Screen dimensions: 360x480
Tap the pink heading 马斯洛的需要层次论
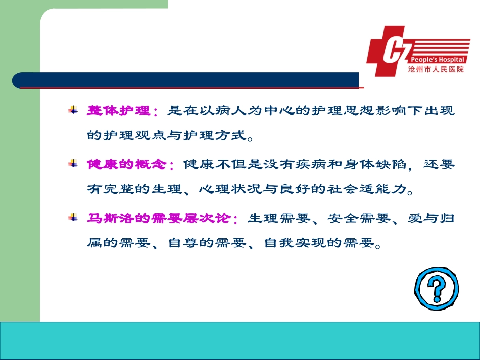coord(159,218)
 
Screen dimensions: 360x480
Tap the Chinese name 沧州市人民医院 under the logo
coord(436,69)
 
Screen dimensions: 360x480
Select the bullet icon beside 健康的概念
coord(73,164)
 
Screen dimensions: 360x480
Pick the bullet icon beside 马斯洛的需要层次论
coord(73,218)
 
